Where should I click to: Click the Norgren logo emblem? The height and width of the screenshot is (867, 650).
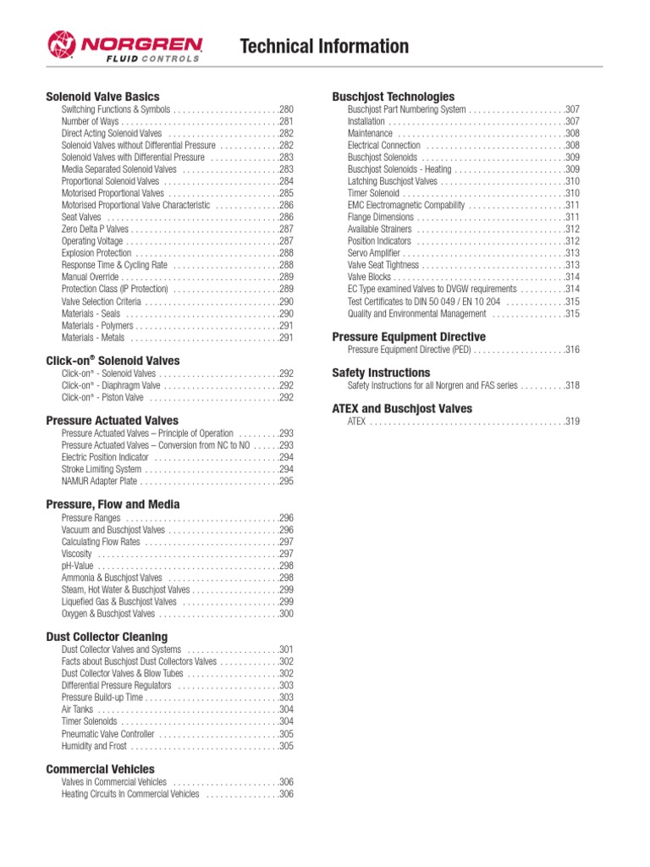tap(63, 45)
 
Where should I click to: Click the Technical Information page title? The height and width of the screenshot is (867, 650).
tap(324, 47)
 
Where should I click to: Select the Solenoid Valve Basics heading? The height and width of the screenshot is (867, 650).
tap(102, 97)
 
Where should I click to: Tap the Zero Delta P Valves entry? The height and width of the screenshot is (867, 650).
tap(96, 229)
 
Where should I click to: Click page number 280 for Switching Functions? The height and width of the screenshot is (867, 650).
tap(286, 110)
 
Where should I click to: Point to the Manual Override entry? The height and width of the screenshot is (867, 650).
tap(90, 277)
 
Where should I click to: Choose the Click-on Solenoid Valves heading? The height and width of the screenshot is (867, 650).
tap(113, 361)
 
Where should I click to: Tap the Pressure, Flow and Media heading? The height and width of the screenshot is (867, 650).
tap(113, 505)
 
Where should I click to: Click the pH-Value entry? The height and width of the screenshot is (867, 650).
tap(79, 566)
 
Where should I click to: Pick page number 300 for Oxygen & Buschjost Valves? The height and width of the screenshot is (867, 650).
tap(286, 613)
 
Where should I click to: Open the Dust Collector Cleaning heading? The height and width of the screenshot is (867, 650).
tap(107, 637)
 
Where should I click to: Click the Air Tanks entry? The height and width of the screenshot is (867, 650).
tap(77, 710)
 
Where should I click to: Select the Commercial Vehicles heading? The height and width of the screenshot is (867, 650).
tap(100, 769)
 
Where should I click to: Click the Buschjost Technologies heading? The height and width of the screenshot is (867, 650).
tap(394, 97)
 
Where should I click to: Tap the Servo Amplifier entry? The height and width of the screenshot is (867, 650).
tap(374, 253)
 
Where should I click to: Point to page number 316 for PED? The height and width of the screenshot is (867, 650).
tap(572, 350)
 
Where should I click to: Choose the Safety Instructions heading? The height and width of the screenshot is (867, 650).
tap(381, 373)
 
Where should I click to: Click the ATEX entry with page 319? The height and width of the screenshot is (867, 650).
tap(356, 421)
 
